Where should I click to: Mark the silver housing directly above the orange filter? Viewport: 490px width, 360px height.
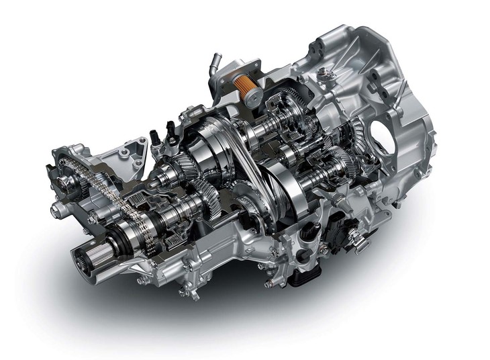coord(238,67)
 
